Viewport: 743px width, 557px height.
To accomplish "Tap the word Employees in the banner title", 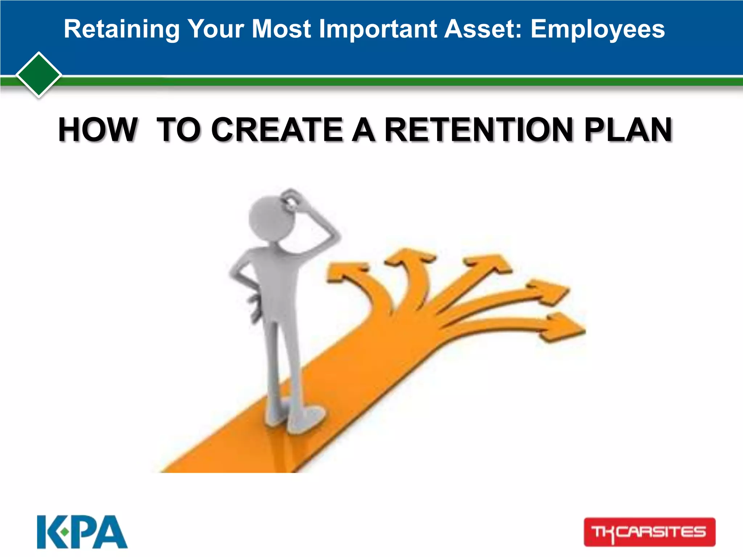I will coord(598,29).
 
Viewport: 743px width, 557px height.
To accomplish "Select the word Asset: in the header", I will coord(483,29).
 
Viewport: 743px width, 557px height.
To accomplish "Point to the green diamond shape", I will coord(39,75).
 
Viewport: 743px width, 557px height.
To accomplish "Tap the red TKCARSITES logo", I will coord(649,532).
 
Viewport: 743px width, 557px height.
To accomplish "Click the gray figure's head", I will coord(270,218).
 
